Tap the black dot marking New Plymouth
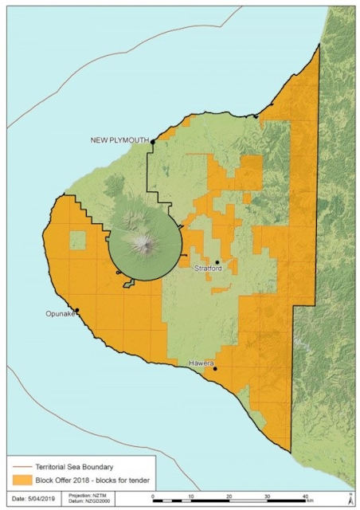153,140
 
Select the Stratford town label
208,269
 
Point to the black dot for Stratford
217,262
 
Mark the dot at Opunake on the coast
77,310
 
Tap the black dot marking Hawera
215,368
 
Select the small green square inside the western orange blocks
77,240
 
